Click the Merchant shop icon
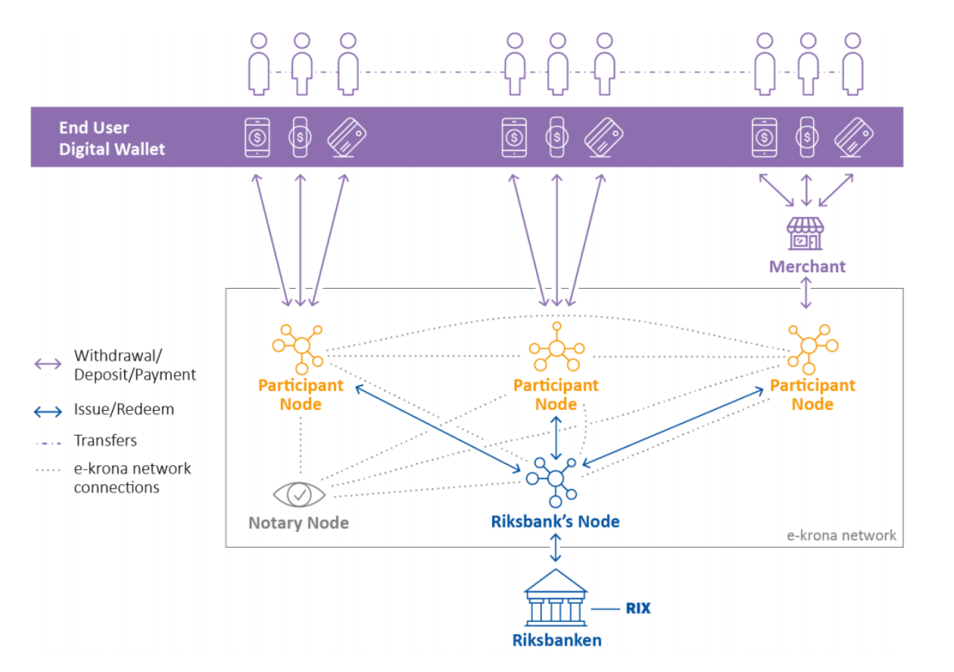click(x=805, y=234)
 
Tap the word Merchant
click(x=807, y=266)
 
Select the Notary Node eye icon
click(x=299, y=494)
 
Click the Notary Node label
click(x=298, y=523)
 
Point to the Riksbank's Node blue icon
click(x=555, y=478)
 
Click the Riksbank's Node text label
click(x=555, y=521)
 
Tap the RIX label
click(x=638, y=608)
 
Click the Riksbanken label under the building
click(x=556, y=640)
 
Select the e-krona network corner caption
click(x=841, y=536)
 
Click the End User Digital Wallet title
click(x=112, y=138)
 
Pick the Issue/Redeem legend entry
click(x=123, y=409)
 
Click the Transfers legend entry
click(x=105, y=441)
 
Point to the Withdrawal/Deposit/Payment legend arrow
click(x=48, y=364)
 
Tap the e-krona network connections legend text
click(x=132, y=478)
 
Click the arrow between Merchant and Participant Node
click(x=805, y=292)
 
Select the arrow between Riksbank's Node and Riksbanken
click(x=555, y=548)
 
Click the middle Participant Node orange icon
click(x=556, y=348)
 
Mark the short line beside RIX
click(x=605, y=609)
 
